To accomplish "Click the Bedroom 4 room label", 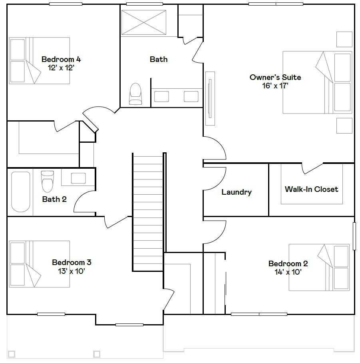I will click(x=61, y=60).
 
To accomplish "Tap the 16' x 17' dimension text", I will click(x=275, y=86).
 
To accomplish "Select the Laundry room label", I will click(x=237, y=192).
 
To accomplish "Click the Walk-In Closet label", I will click(x=311, y=189).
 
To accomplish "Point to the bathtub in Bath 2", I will click(x=20, y=192).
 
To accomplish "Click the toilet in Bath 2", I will click(x=47, y=181).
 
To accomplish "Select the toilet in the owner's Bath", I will click(x=135, y=94).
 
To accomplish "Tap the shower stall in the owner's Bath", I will click(x=143, y=23).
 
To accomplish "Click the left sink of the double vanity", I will click(x=162, y=97).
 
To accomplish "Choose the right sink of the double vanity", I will click(x=191, y=97).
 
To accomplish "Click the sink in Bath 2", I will click(x=78, y=178).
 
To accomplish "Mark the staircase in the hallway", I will click(x=148, y=212).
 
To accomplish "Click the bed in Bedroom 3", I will click(x=40, y=264).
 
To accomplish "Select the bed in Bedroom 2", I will click(x=320, y=267).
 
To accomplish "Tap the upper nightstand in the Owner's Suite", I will click(x=344, y=39).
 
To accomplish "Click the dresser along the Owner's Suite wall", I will click(x=210, y=98).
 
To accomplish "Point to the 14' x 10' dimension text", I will click(x=288, y=272).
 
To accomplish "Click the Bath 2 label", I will click(x=54, y=199).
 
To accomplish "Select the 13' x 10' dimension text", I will click(x=72, y=271).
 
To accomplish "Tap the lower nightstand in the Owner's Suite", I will click(x=344, y=126).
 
